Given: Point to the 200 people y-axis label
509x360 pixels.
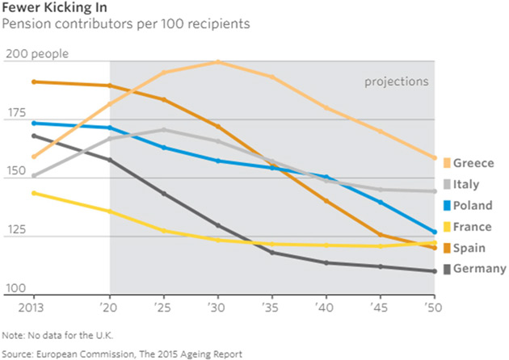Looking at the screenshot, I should [x=36, y=55].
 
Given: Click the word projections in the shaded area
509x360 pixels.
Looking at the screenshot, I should [x=396, y=82].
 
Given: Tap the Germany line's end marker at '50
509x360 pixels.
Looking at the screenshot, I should [x=435, y=271].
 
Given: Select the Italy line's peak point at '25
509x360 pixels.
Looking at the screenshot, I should [x=164, y=129].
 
